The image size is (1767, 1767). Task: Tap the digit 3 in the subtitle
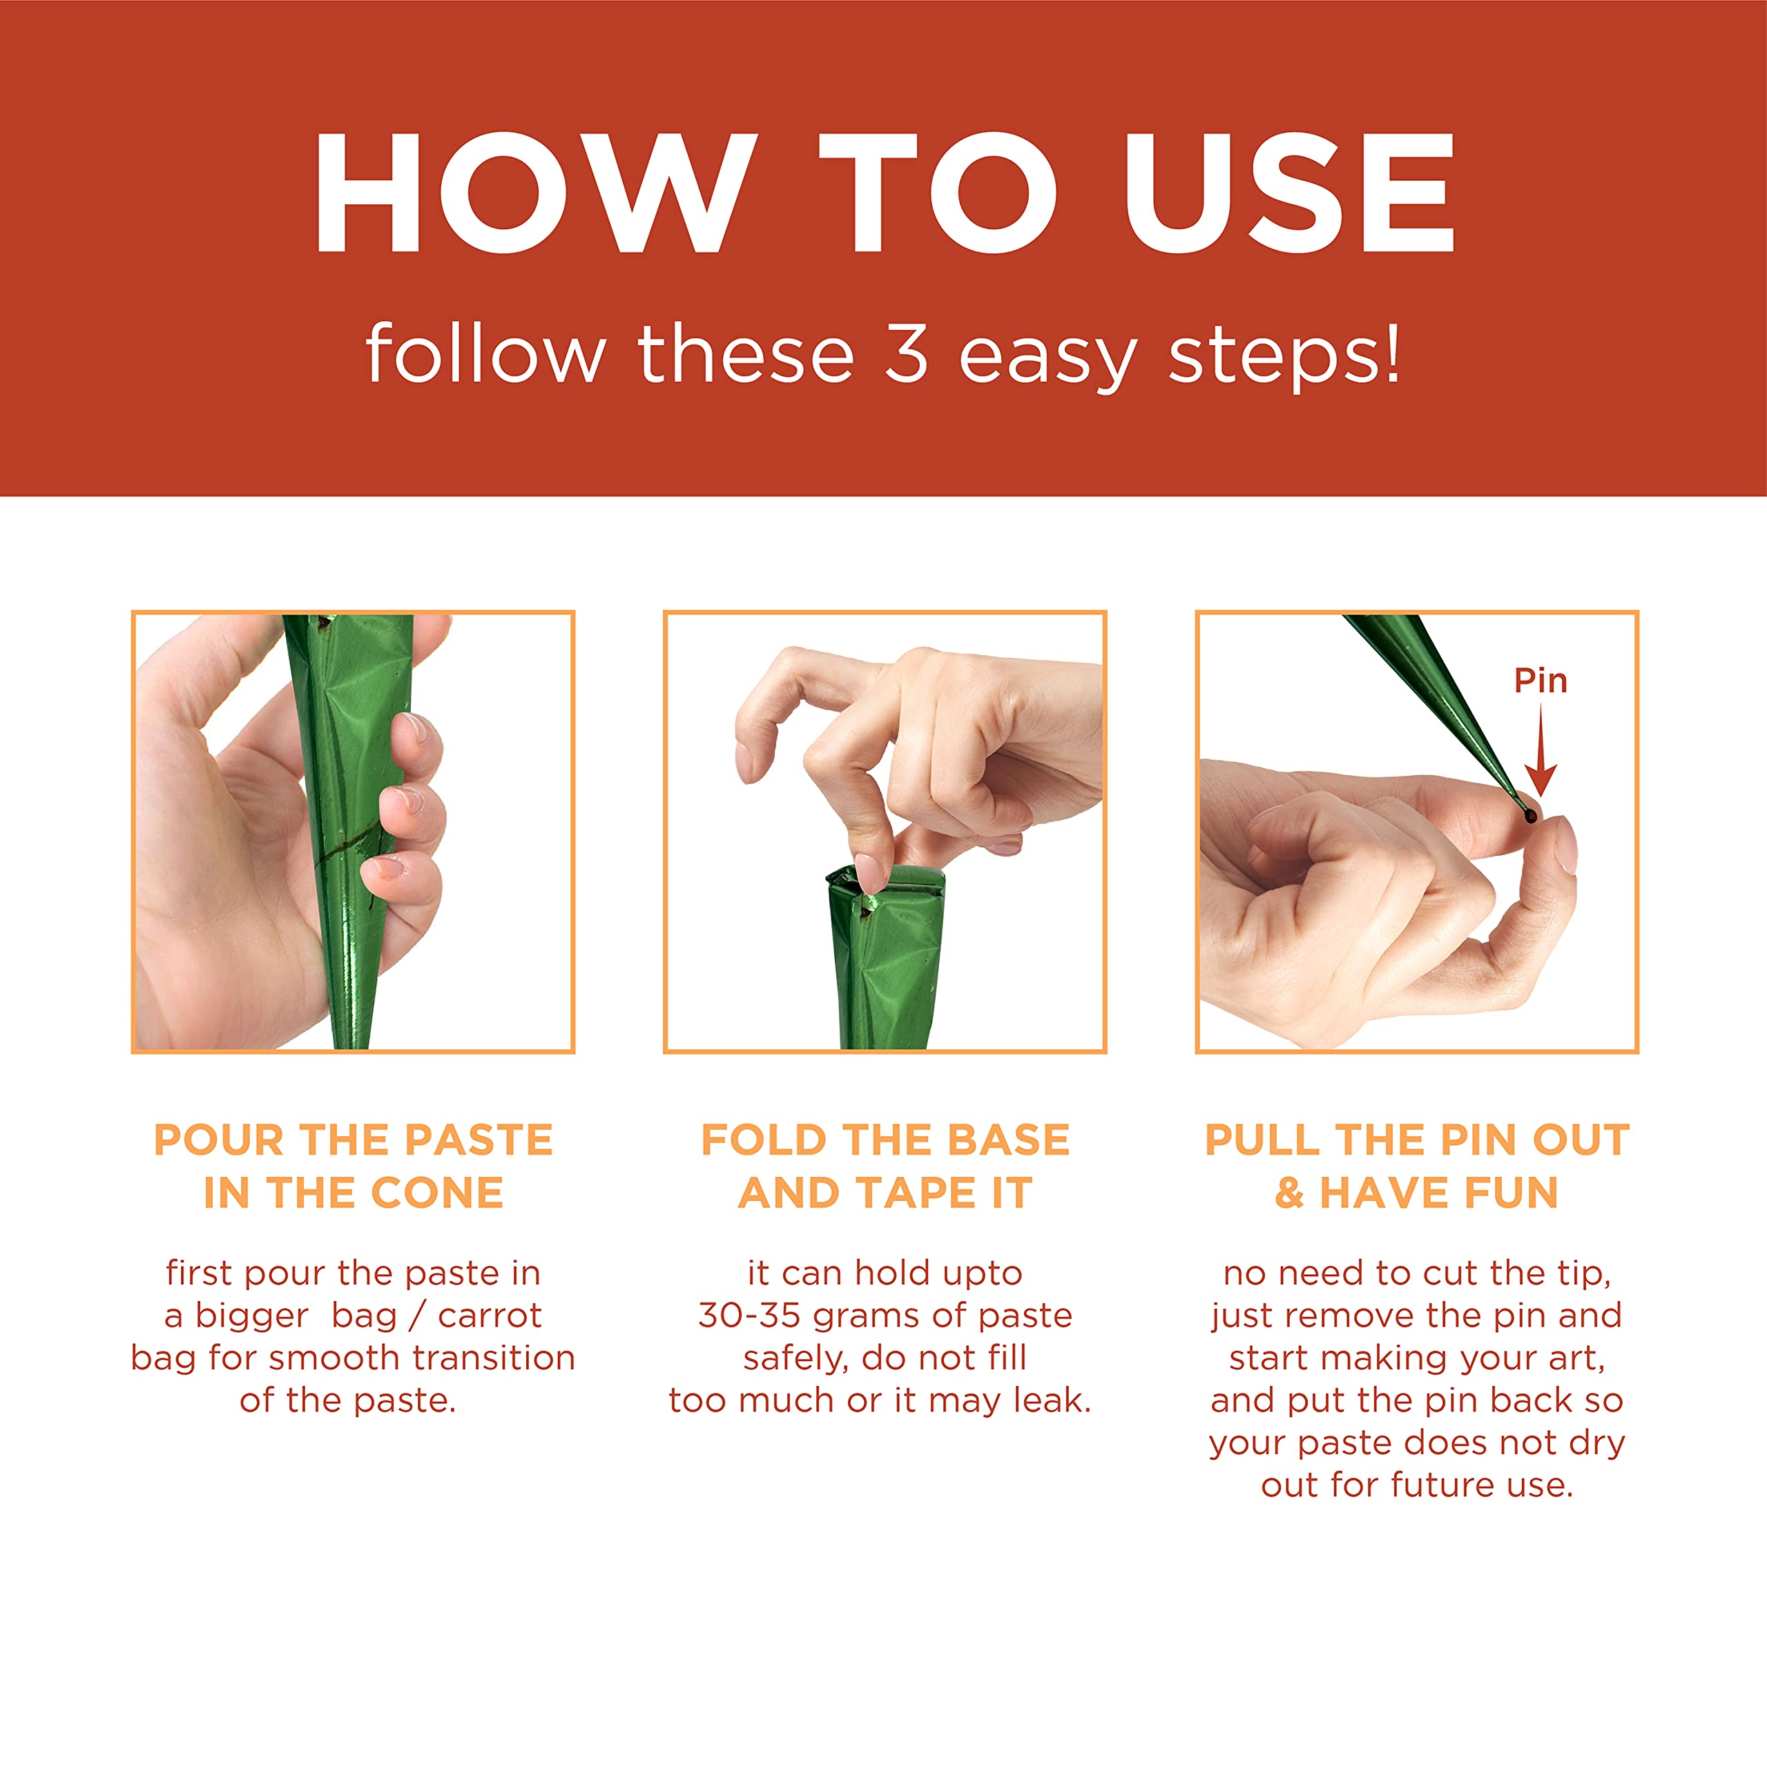[x=906, y=354]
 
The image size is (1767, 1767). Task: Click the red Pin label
[x=1540, y=681]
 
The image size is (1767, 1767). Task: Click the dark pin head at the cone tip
[x=1530, y=815]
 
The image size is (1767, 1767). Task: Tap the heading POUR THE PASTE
[x=354, y=1140]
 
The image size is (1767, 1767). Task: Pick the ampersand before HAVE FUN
[x=1289, y=1193]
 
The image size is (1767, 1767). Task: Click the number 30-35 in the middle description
[x=749, y=1315]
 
